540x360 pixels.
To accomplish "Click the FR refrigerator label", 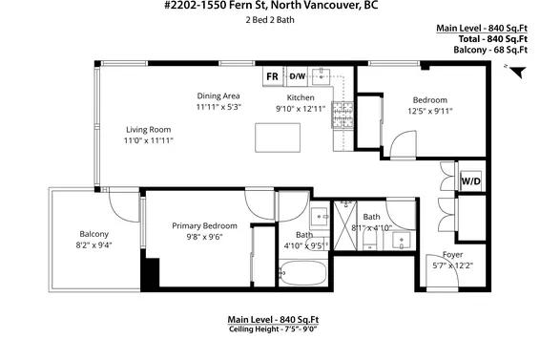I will (272, 76).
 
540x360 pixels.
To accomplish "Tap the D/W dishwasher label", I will (297, 76).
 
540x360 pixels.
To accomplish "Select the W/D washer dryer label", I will (470, 180).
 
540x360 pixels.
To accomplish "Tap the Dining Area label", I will (218, 96).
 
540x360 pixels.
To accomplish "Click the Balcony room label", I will (93, 234).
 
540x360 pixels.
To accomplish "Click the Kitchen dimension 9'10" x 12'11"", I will (301, 108).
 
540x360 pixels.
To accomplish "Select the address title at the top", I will (269, 8).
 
